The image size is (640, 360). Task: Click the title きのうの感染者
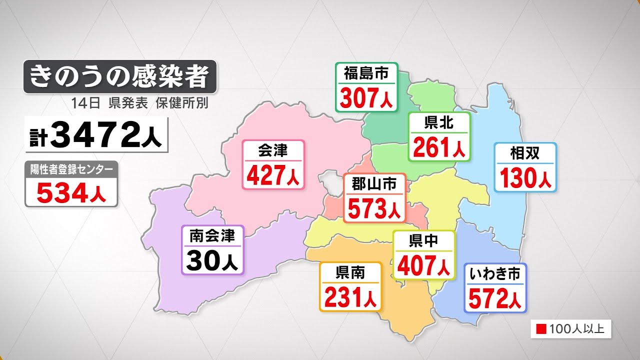pyautogui.click(x=119, y=76)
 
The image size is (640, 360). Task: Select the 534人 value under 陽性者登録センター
pyautogui.click(x=71, y=193)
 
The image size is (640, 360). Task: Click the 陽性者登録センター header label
pyautogui.click(x=71, y=169)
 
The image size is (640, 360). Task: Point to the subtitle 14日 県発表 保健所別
pyautogui.click(x=139, y=103)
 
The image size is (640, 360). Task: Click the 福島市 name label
pyautogui.click(x=366, y=74)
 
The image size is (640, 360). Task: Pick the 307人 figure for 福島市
pyautogui.click(x=366, y=98)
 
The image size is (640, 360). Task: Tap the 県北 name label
pyautogui.click(x=439, y=123)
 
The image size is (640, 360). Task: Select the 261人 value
pyautogui.click(x=439, y=147)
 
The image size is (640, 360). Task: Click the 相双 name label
pyautogui.click(x=525, y=153)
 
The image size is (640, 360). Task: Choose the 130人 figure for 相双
pyautogui.click(x=525, y=178)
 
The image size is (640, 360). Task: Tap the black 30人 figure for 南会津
pyautogui.click(x=212, y=260)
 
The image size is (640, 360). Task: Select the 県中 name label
pyautogui.click(x=424, y=241)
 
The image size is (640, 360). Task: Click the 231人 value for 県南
pyautogui.click(x=350, y=297)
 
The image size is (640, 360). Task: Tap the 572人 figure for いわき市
pyautogui.click(x=495, y=298)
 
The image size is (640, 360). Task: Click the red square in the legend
pyautogui.click(x=540, y=329)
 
